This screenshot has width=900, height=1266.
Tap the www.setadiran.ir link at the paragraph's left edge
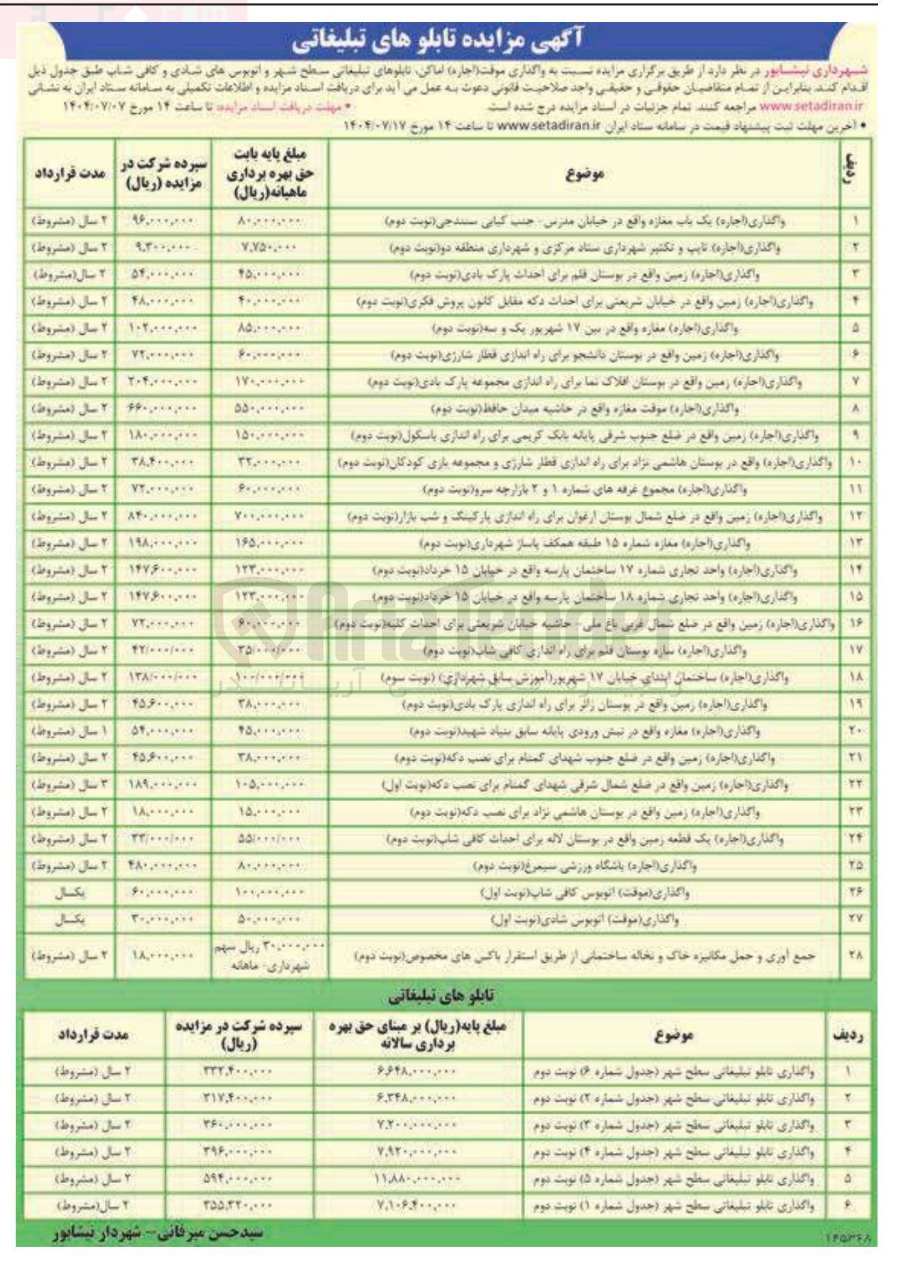pos(810,107)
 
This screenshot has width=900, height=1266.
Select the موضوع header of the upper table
pos(585,174)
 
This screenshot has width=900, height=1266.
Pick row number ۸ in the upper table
pos(856,409)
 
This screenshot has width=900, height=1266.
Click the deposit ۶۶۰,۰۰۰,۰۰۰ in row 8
pos(162,409)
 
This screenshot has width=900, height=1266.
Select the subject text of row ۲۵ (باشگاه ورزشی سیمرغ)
pos(585,865)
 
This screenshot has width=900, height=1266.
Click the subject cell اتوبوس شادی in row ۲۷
pos(585,920)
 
